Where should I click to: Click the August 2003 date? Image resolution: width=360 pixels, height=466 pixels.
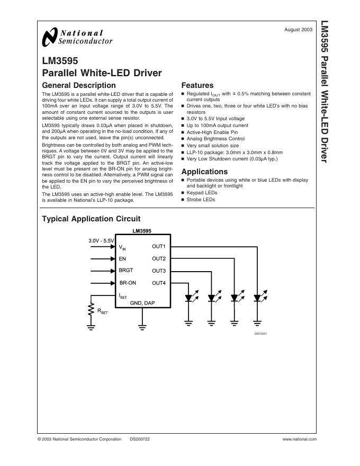click(x=299, y=30)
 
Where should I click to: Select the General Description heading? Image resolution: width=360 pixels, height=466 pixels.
click(x=78, y=85)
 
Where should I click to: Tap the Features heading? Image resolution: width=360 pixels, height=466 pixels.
click(x=197, y=85)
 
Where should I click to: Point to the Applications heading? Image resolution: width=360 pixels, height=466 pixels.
click(x=204, y=172)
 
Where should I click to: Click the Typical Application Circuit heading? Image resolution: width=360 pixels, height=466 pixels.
click(x=91, y=219)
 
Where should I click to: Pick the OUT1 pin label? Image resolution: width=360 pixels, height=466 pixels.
click(x=159, y=247)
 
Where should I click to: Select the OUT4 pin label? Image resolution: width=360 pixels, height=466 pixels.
click(x=159, y=283)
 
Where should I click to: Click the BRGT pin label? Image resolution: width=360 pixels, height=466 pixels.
click(x=126, y=271)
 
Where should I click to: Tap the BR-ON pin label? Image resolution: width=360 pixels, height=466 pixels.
click(x=128, y=283)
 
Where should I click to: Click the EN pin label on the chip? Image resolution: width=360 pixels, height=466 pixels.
click(x=122, y=259)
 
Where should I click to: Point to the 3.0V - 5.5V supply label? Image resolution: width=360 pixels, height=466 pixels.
click(x=101, y=241)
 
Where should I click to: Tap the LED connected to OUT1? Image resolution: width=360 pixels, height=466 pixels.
click(x=257, y=298)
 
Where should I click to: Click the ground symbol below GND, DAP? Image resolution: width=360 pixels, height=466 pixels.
click(x=142, y=327)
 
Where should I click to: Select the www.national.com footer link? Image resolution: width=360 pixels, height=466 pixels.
click(x=299, y=439)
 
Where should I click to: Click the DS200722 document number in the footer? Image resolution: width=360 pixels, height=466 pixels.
click(x=140, y=439)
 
